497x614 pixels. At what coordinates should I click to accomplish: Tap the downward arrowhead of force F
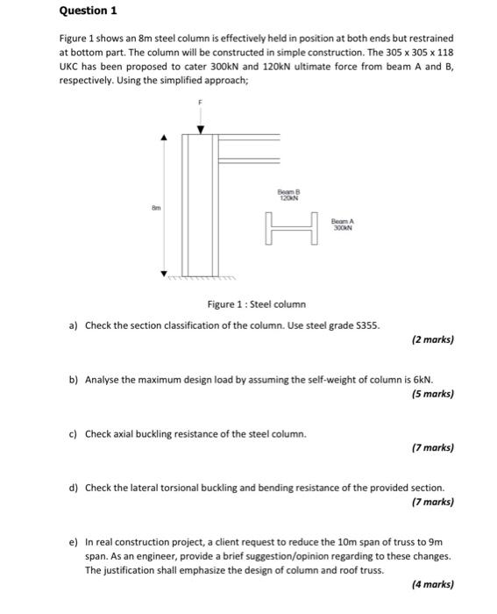click(x=200, y=130)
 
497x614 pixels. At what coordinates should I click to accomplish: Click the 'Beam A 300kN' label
click(x=344, y=224)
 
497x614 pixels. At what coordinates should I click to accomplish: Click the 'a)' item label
click(x=74, y=325)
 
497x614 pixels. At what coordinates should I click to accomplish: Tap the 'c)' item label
click(x=74, y=433)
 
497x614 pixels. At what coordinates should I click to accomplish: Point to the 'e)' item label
click(x=74, y=543)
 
